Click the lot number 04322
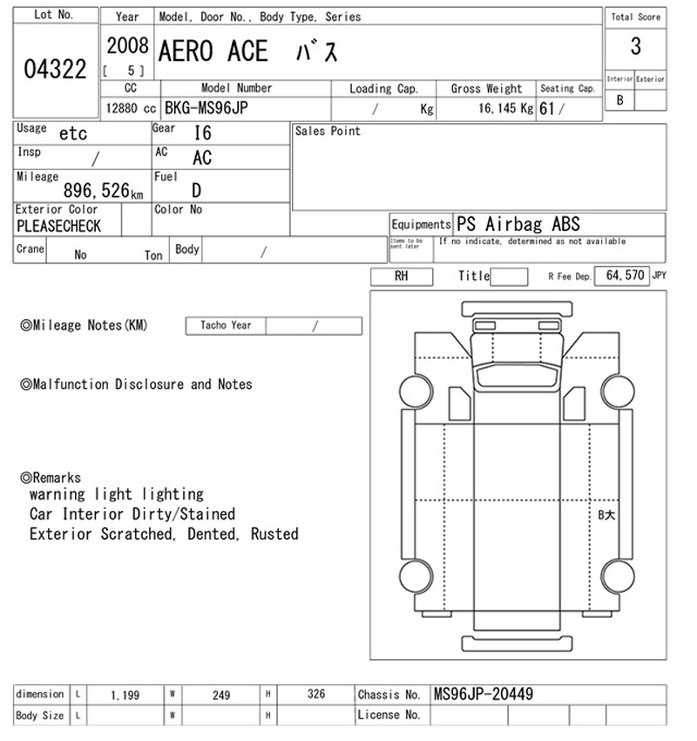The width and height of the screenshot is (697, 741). [55, 69]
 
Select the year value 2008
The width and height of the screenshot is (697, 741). [127, 46]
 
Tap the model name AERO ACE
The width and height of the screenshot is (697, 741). [213, 51]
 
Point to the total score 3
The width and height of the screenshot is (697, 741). [636, 46]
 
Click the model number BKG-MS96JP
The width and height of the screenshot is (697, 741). [206, 108]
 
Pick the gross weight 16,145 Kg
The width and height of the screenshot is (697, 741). [505, 108]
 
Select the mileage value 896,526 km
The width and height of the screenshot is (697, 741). [103, 190]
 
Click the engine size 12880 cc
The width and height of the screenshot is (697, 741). [131, 108]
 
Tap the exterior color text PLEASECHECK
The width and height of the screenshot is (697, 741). [58, 226]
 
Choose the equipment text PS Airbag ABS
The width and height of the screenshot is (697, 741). [518, 224]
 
